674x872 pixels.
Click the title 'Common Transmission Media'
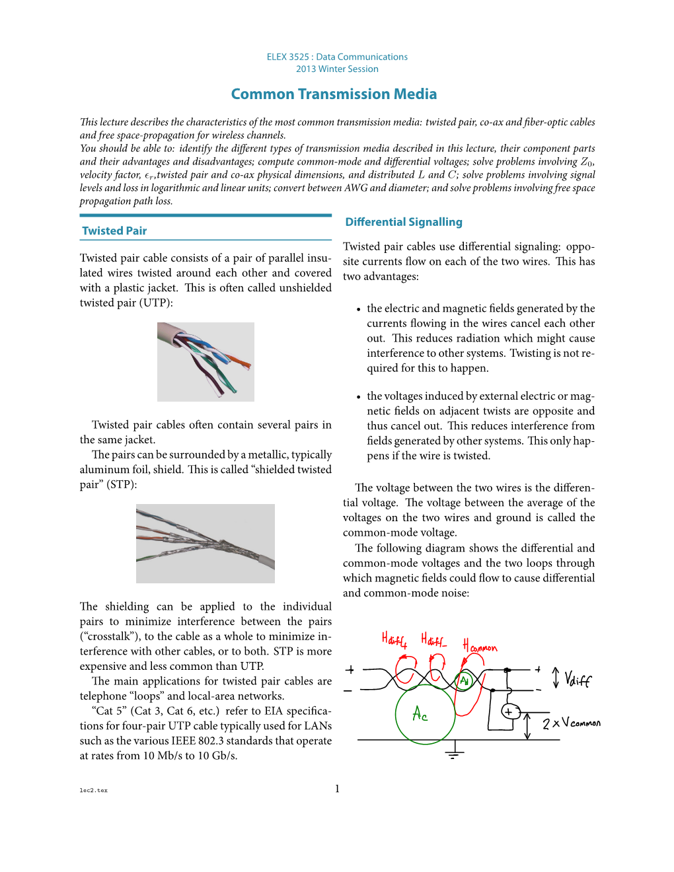[x=334, y=94]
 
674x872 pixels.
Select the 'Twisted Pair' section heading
[x=114, y=231]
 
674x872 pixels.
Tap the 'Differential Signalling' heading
[x=404, y=222]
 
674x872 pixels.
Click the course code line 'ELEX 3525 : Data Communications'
[x=337, y=57]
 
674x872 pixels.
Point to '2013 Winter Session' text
[x=337, y=69]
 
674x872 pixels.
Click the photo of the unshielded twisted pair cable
[x=206, y=362]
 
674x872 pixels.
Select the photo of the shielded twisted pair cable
[x=206, y=544]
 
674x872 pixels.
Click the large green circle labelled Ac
[x=425, y=714]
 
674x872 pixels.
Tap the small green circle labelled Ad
[x=465, y=680]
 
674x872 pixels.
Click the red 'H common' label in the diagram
[x=480, y=647]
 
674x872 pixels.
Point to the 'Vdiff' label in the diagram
[x=578, y=679]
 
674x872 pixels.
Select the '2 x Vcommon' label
[x=572, y=723]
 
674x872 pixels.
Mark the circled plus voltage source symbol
[x=509, y=711]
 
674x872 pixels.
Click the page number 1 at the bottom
[x=337, y=788]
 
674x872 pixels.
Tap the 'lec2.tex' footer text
[x=93, y=790]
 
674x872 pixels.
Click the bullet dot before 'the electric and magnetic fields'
[x=358, y=309]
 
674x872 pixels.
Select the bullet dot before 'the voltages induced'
[x=358, y=397]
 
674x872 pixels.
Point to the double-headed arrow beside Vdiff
[x=556, y=678]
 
